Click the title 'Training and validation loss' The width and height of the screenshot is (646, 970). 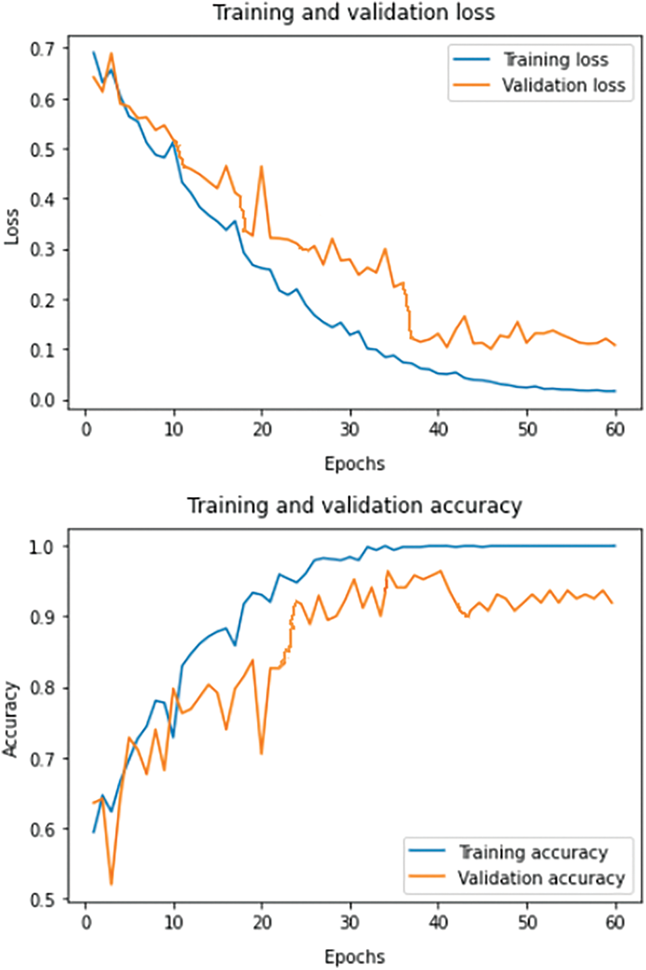(354, 13)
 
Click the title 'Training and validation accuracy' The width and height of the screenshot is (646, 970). (354, 506)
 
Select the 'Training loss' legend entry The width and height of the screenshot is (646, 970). (555, 60)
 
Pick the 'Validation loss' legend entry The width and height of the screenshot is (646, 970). (563, 85)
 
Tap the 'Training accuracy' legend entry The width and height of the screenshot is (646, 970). (533, 852)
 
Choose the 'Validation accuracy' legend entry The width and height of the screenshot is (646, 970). (540, 878)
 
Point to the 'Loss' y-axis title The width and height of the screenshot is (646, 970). (11, 227)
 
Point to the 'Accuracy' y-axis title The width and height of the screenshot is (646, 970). (10, 719)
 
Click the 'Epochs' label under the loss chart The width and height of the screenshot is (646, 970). (354, 464)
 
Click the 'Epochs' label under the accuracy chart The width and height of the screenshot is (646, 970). (354, 957)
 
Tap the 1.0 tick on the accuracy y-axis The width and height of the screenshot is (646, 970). (40, 547)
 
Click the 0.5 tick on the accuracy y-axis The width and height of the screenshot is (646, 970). (40, 900)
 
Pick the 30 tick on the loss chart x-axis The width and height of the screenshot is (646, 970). (350, 430)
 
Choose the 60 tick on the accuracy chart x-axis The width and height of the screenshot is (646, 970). (614, 923)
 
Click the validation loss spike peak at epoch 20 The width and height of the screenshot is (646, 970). (261, 166)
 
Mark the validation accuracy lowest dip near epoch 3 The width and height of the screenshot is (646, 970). (111, 883)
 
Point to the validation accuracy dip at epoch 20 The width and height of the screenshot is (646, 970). (261, 753)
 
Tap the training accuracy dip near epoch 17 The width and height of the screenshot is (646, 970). (235, 645)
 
